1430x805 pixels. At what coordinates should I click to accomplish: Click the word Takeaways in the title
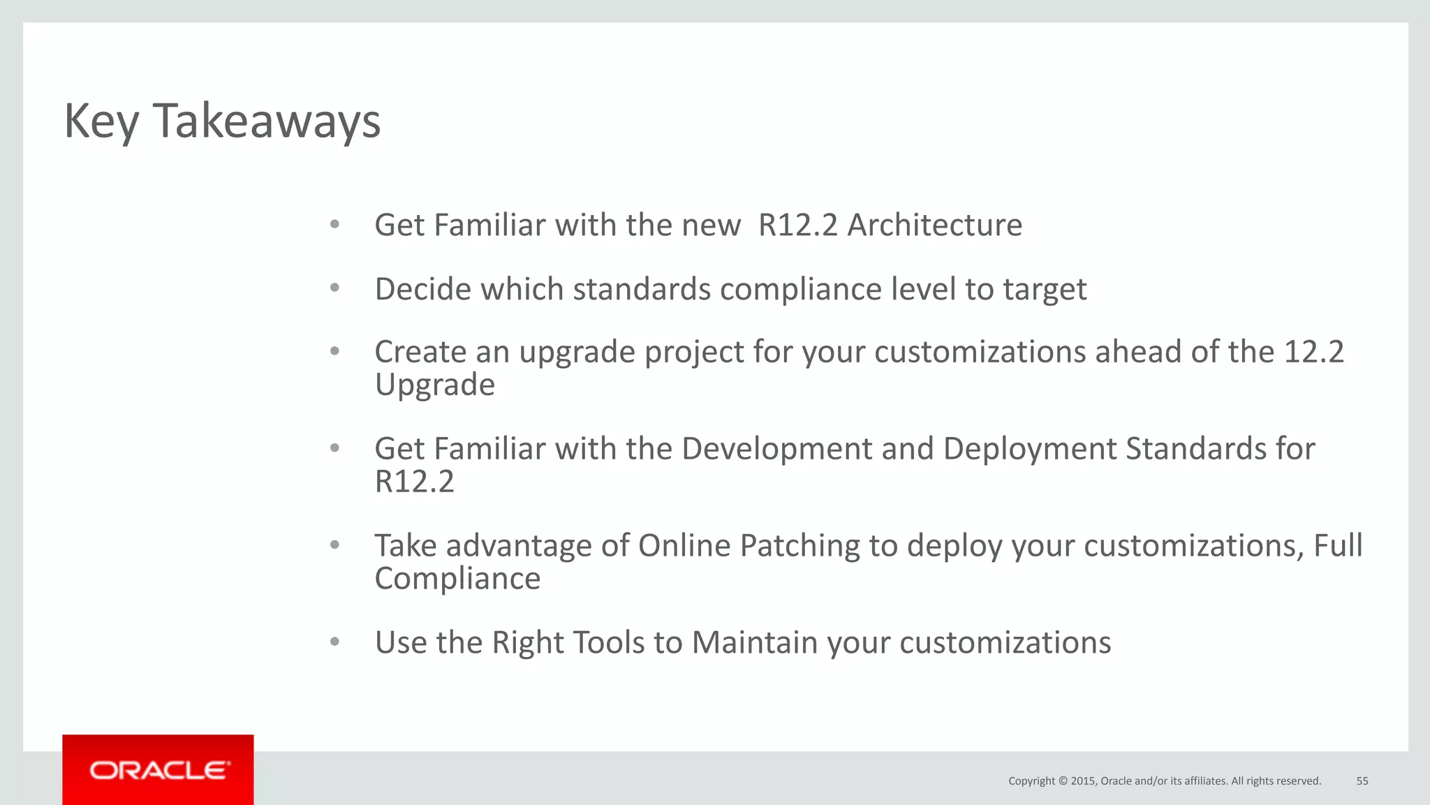click(x=266, y=121)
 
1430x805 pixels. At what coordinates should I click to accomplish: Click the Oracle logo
click(x=159, y=770)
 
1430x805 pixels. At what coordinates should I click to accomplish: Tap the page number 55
click(x=1362, y=781)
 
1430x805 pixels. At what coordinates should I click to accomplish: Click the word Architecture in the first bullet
click(x=934, y=225)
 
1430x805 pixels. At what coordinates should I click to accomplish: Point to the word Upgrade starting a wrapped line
click(x=434, y=385)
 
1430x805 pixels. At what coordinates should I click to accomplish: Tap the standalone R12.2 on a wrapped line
click(x=414, y=482)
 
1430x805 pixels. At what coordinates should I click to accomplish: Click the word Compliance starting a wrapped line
click(x=457, y=579)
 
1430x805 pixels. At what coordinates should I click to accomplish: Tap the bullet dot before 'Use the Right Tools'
click(x=334, y=642)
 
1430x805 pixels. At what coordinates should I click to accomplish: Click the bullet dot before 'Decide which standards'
click(x=334, y=288)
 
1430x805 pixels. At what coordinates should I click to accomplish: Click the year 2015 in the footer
click(x=1083, y=781)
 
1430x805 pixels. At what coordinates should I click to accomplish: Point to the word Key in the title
click(x=101, y=121)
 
